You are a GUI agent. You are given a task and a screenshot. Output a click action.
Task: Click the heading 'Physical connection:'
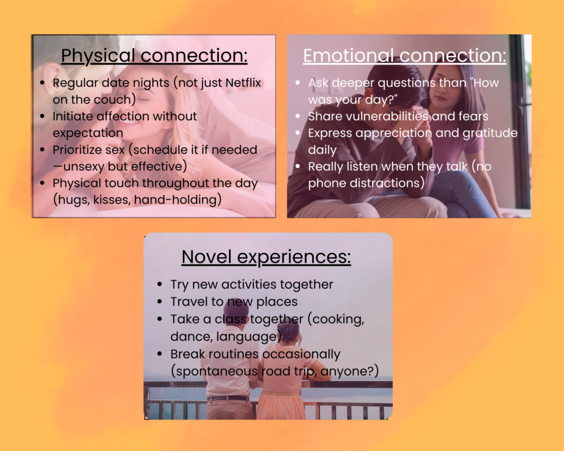point(154,56)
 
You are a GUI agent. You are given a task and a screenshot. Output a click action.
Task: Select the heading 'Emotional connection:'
point(405,56)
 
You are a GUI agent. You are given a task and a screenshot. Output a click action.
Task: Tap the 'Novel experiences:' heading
point(266,257)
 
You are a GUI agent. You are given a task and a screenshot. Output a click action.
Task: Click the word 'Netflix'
point(242,83)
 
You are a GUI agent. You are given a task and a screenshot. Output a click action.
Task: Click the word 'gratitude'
point(490,133)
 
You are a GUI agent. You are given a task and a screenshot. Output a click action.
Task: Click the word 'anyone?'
point(348,371)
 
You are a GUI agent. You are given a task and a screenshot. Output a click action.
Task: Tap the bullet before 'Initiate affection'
point(43,116)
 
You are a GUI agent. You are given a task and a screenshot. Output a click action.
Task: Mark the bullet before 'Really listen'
point(298,166)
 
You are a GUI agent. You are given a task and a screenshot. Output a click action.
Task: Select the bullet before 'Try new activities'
point(160,285)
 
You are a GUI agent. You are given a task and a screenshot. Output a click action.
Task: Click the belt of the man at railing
point(228,398)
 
